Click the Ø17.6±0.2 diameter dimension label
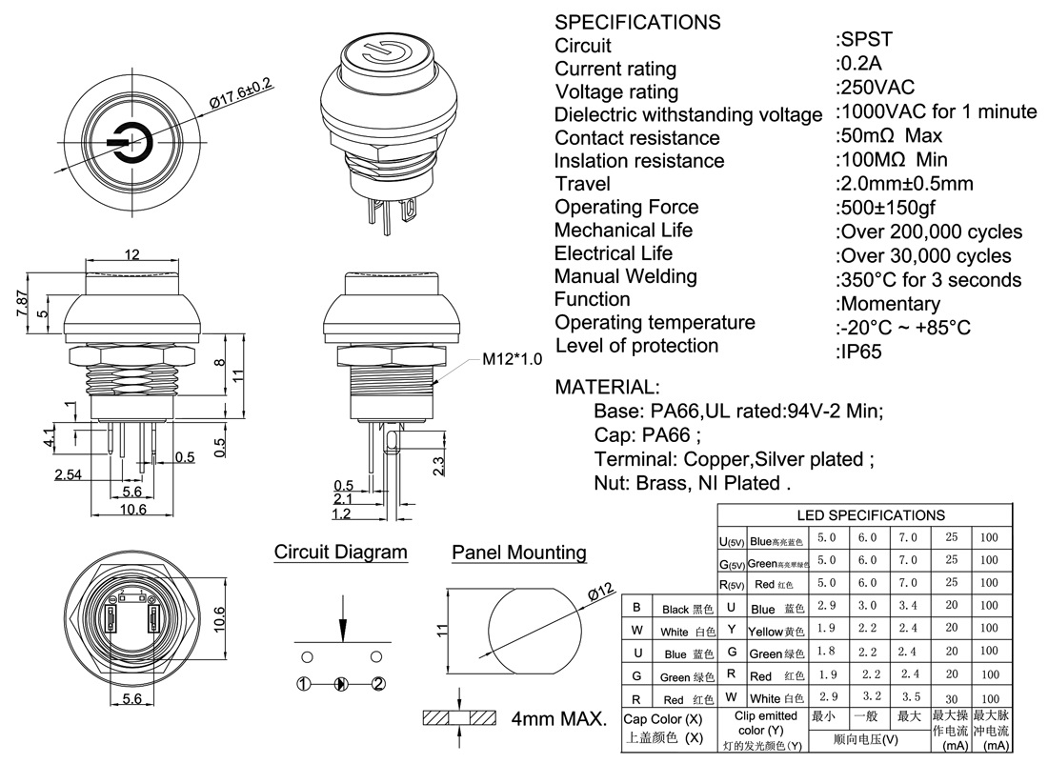(x=241, y=94)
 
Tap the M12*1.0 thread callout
(x=512, y=359)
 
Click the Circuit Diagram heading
(x=341, y=553)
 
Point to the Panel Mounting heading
(x=519, y=553)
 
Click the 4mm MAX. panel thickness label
(x=559, y=719)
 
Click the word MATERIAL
(x=606, y=388)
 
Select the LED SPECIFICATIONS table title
(x=871, y=515)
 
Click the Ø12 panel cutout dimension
(x=600, y=592)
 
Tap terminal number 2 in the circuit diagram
(x=378, y=684)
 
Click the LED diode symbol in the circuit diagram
(x=341, y=684)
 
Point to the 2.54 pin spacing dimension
(x=69, y=474)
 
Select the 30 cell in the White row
(x=951, y=699)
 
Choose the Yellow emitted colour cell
(x=776, y=631)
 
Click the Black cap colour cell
(x=688, y=609)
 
